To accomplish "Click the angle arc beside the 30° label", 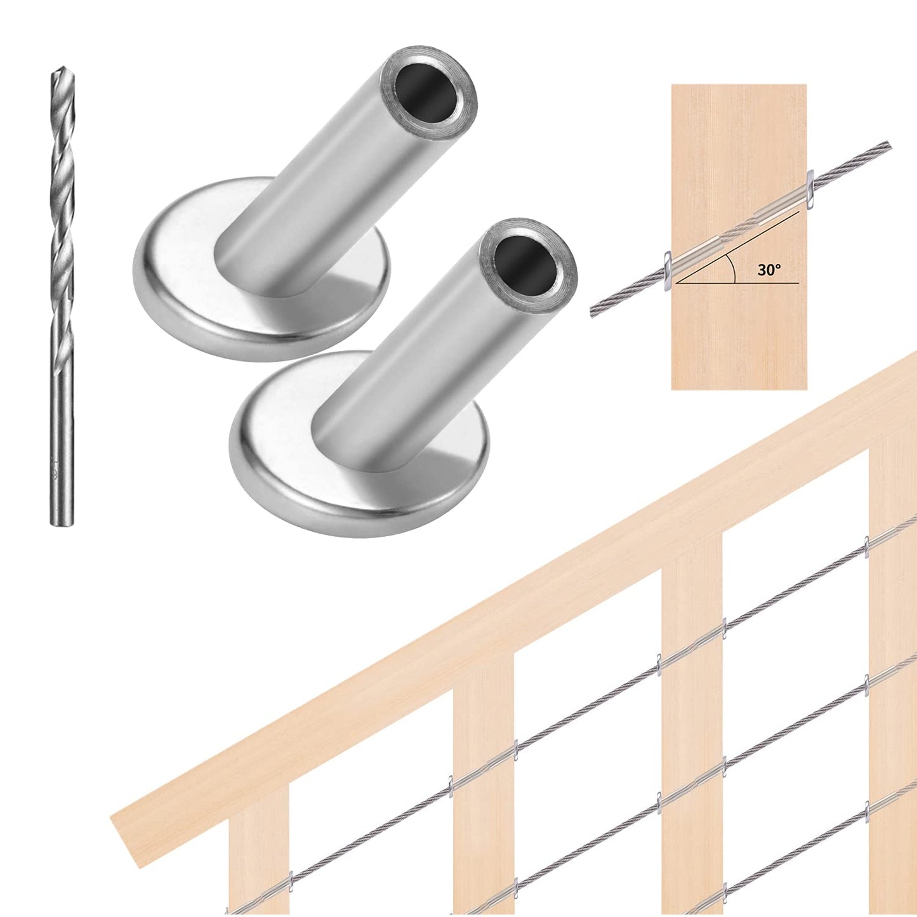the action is coord(734,269).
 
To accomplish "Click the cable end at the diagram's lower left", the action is coord(594,312).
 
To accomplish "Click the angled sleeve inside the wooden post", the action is coord(739,228).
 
